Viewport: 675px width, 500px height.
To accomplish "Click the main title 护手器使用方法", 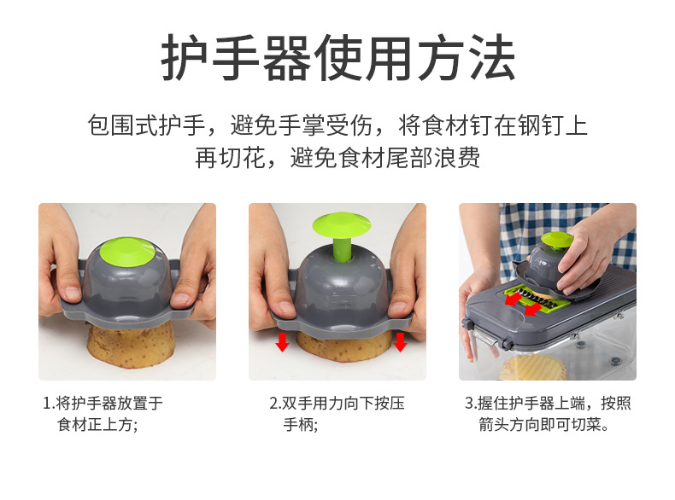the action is coord(338,58).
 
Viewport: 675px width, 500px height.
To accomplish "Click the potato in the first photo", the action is coord(131,345).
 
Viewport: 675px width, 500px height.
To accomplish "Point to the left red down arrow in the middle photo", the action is coord(283,341).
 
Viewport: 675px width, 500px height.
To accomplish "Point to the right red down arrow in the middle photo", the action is coord(400,341).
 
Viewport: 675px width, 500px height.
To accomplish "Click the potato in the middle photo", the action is coord(343,346).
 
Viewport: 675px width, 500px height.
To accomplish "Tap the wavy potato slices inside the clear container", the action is coord(532,369).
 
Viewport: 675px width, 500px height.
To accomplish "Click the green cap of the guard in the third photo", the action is coord(557,241).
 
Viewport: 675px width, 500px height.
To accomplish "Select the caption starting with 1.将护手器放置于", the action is coord(103,414).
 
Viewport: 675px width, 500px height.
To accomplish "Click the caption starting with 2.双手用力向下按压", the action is coord(337,414).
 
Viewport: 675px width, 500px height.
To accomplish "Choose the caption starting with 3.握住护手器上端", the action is coord(548,414).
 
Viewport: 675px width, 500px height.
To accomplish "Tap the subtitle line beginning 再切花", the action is coord(337,158).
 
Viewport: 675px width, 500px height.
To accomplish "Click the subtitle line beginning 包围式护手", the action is coord(337,125).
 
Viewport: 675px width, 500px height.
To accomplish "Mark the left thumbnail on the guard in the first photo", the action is coord(72,294).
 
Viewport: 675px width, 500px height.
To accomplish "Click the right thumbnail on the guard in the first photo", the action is coord(181,299).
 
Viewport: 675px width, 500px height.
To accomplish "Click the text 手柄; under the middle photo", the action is coord(301,425).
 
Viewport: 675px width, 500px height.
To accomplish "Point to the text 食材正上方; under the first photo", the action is coord(97,425).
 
